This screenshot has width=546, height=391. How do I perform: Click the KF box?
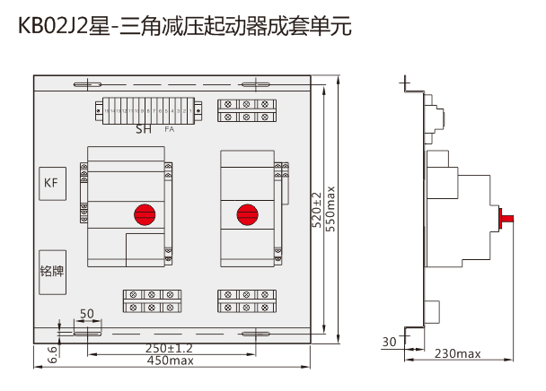coord(50,183)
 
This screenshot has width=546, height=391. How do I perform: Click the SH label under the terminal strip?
coord(144,130)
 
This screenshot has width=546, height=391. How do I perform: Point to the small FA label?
coord(170,130)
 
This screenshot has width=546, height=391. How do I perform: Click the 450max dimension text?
coord(170,361)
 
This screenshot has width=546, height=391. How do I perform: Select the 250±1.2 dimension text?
coord(170,348)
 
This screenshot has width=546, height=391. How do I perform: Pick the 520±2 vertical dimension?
coord(316,212)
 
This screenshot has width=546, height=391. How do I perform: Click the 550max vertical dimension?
coord(330,210)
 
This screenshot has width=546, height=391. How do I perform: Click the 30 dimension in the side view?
coord(388,342)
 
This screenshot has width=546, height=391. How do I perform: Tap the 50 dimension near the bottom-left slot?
coord(87,314)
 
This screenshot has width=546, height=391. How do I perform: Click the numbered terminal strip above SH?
coord(144,111)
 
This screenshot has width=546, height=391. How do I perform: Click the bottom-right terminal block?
coord(246,300)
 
